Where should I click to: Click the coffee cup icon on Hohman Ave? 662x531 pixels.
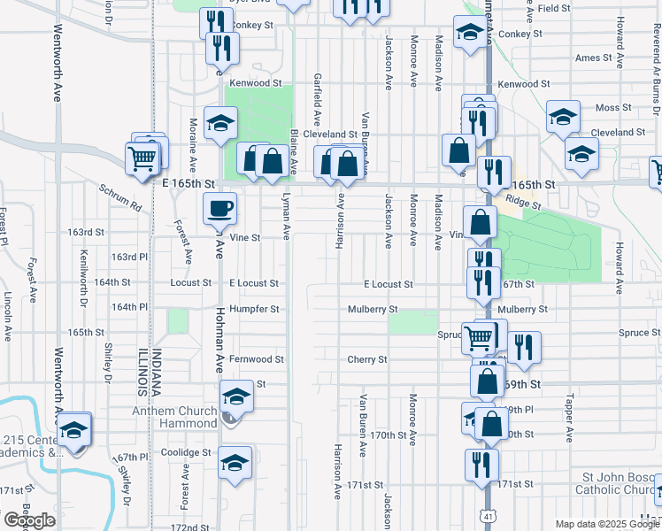tap(220, 209)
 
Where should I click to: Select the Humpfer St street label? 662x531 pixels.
tap(254, 310)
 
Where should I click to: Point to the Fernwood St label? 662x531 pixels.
tap(257, 359)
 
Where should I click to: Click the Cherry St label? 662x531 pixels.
tap(367, 359)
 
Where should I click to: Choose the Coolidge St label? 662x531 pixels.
tap(187, 452)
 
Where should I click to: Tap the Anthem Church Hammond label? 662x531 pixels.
tap(174, 417)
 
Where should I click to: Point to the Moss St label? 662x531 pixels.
tap(608, 108)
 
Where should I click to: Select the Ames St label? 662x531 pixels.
tap(593, 58)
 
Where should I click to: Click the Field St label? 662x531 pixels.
tap(553, 8)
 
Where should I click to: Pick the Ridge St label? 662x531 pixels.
tap(524, 204)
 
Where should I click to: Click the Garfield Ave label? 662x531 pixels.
tap(317, 99)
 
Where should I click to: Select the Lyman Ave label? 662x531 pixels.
tap(286, 217)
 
